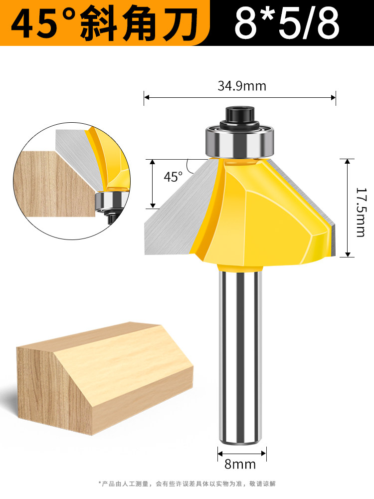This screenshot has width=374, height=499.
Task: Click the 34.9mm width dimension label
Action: coord(242,86)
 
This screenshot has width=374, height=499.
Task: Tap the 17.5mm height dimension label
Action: coord(361,212)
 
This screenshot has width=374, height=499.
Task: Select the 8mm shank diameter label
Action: coord(240,464)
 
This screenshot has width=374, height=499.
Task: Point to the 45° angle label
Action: coord(174,177)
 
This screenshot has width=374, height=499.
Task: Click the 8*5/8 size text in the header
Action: coord(287,23)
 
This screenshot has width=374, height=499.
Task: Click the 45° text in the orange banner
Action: coord(44,23)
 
